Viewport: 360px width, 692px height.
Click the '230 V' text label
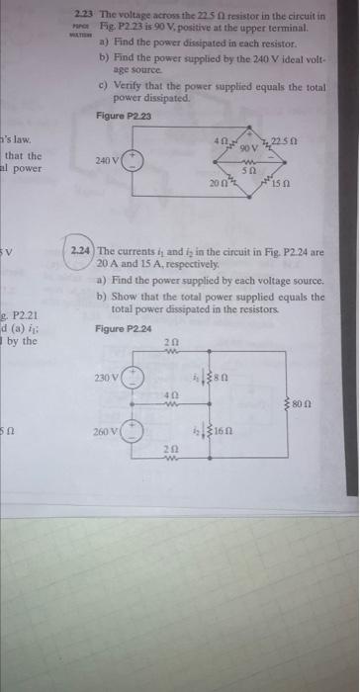(x=107, y=377)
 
